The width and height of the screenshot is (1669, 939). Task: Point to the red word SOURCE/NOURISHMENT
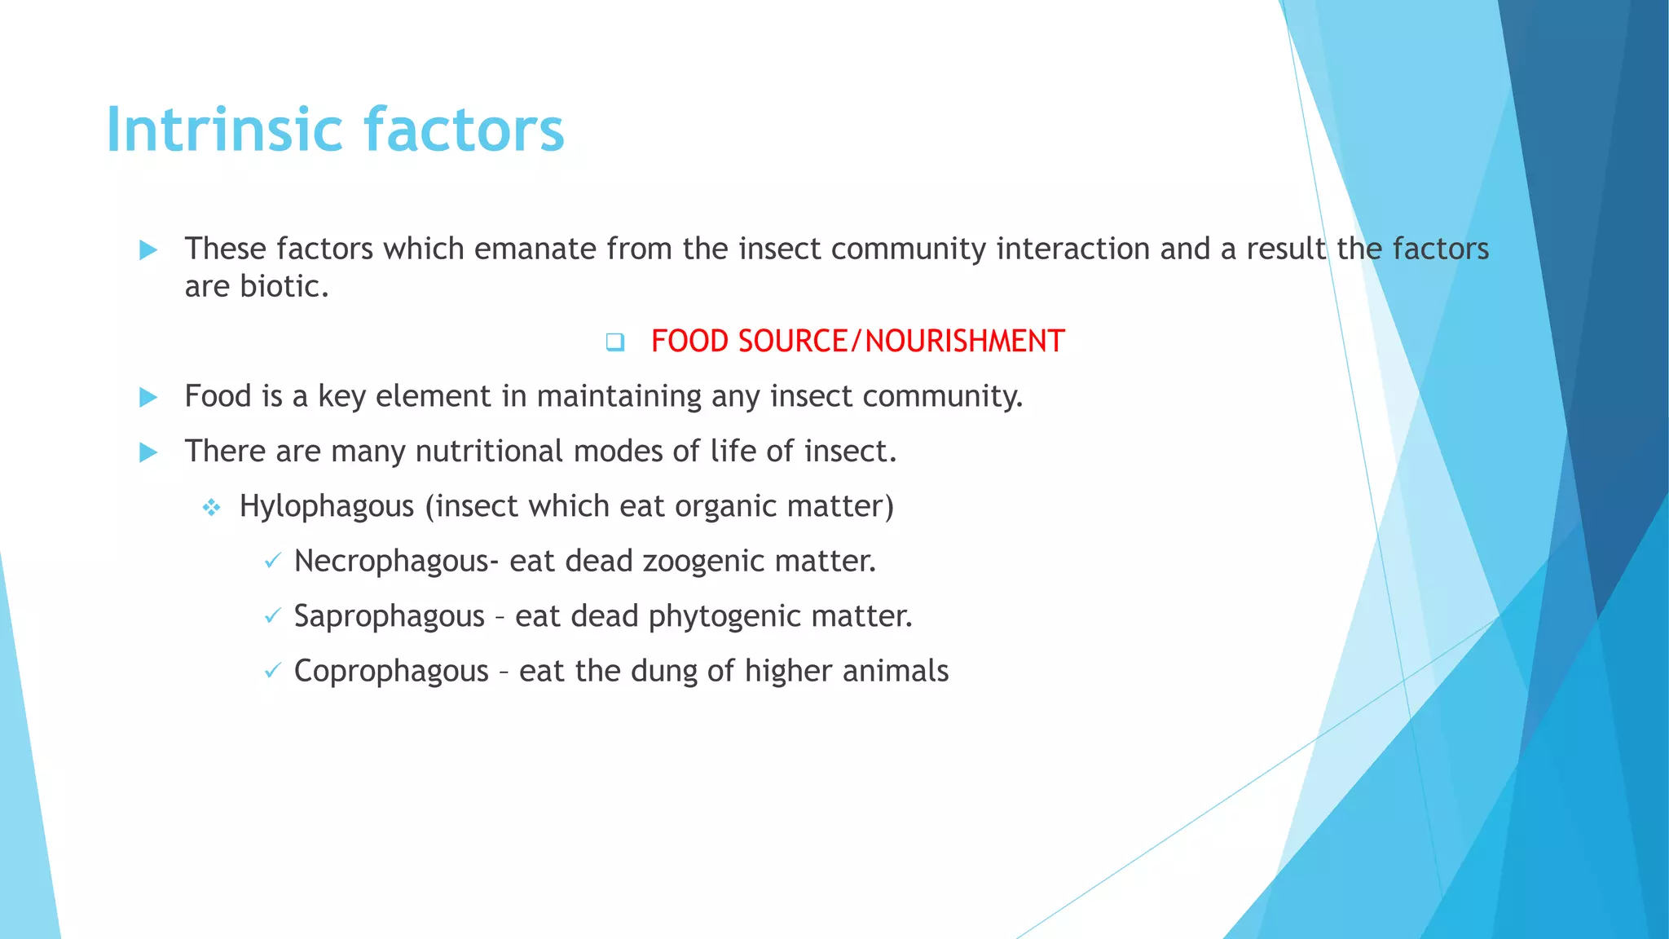pos(901,341)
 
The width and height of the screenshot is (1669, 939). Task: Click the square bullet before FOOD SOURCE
pos(615,342)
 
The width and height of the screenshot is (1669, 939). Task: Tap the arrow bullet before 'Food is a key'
pos(148,398)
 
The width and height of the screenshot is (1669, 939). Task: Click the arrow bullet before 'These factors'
pos(148,250)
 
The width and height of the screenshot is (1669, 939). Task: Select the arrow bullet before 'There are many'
pos(148,452)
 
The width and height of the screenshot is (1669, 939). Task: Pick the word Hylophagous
pos(327,506)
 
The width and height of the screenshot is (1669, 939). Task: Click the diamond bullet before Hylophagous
pos(212,509)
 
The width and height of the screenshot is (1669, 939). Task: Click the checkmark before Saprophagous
pos(273,616)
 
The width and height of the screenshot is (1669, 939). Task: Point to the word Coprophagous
pos(391,672)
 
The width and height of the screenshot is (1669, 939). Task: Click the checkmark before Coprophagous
pos(273,671)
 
